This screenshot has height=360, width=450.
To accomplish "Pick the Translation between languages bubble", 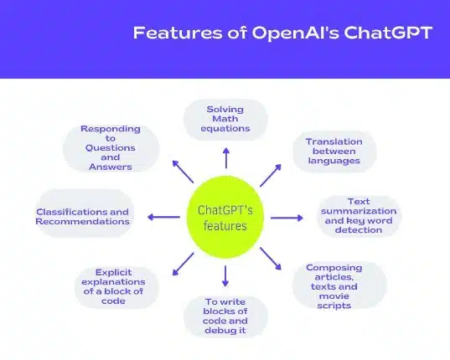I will [333, 151].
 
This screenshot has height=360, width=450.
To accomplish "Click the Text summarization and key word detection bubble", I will [358, 215].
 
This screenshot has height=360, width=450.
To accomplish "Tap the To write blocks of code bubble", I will [225, 316].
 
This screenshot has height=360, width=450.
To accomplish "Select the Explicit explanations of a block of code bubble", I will [111, 286].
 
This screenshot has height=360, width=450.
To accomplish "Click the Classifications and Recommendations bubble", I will [82, 217].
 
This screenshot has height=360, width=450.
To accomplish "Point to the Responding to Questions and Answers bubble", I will [111, 147].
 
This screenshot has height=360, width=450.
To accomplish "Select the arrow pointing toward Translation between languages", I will [270, 174].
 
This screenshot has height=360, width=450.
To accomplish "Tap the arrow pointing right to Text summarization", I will [287, 218].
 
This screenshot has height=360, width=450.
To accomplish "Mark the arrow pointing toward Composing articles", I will [271, 259].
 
